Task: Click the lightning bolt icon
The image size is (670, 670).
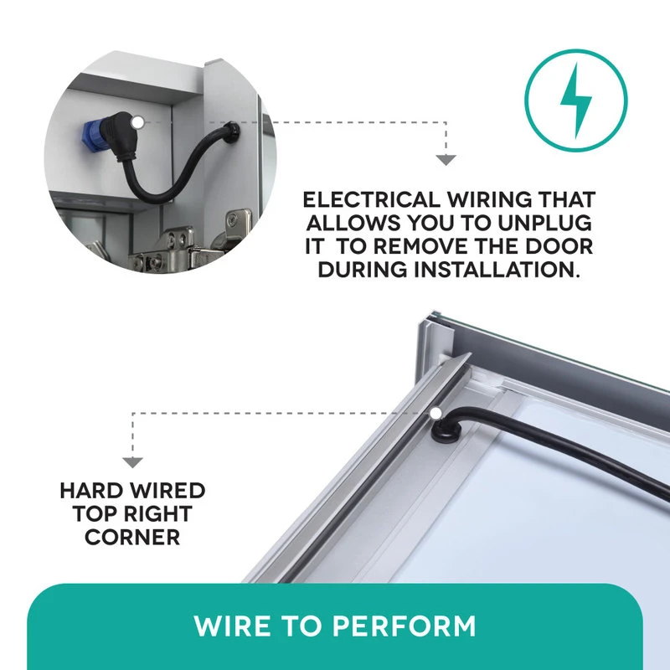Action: (576, 100)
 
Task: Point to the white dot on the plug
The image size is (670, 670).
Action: (137, 122)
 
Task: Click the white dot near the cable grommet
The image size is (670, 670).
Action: (435, 413)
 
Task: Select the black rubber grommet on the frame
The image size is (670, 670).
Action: (445, 431)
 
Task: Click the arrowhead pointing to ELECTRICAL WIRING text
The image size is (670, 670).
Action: (446, 160)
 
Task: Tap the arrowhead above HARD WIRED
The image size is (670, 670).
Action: (132, 462)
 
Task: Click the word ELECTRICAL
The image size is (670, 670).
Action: (371, 200)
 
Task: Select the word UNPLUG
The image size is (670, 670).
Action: (545, 223)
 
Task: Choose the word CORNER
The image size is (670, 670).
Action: (132, 537)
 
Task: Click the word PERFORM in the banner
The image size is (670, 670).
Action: (404, 626)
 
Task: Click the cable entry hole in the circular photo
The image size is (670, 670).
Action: (231, 131)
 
